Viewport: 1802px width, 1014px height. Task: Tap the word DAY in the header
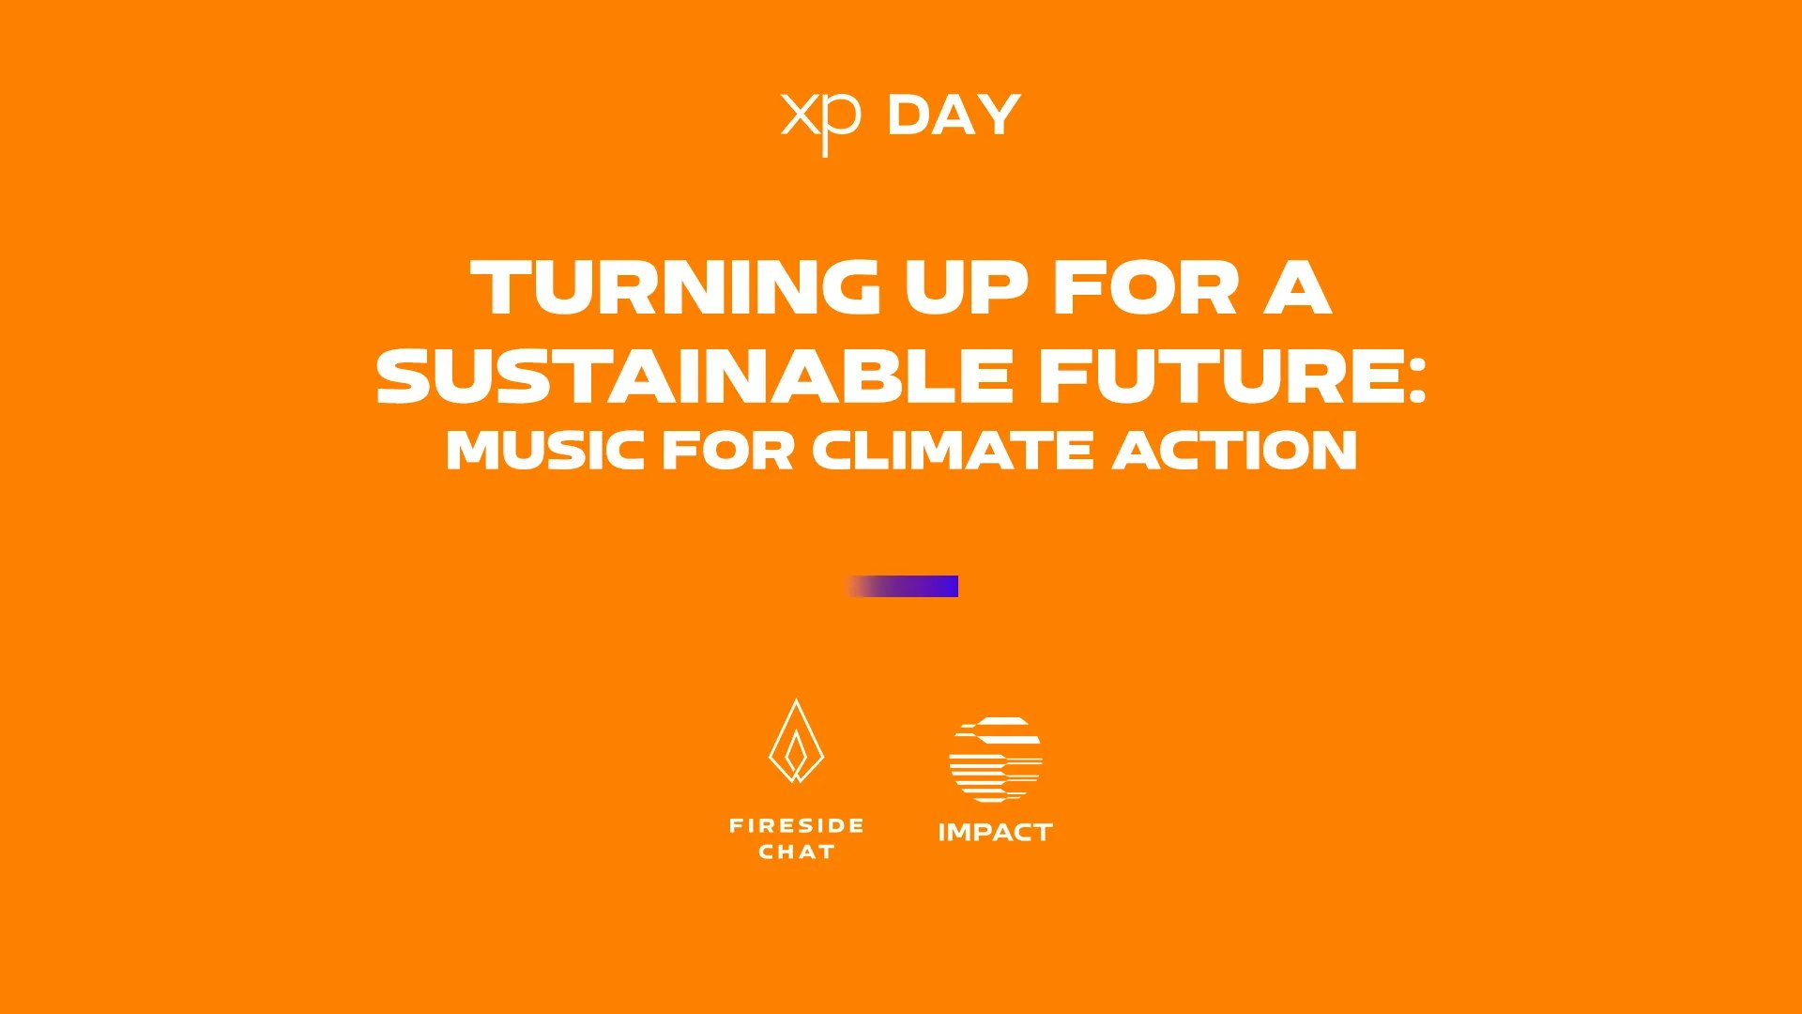click(x=954, y=115)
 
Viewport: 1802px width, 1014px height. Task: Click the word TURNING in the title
click(x=675, y=287)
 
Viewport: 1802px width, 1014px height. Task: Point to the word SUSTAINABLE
click(x=694, y=376)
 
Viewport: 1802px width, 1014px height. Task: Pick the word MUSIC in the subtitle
click(x=545, y=450)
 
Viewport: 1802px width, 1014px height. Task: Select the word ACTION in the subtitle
click(x=1235, y=450)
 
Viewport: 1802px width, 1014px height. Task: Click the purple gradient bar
click(x=902, y=586)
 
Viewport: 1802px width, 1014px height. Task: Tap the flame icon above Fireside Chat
click(x=796, y=741)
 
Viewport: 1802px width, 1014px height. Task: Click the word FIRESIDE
click(x=797, y=826)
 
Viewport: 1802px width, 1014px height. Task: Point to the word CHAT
click(x=797, y=853)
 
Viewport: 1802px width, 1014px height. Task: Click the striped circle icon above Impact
click(x=996, y=760)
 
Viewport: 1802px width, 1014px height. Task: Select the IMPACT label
click(x=996, y=833)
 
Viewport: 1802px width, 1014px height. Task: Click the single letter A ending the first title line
click(x=1298, y=287)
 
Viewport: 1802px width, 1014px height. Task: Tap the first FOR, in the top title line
click(x=1146, y=287)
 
